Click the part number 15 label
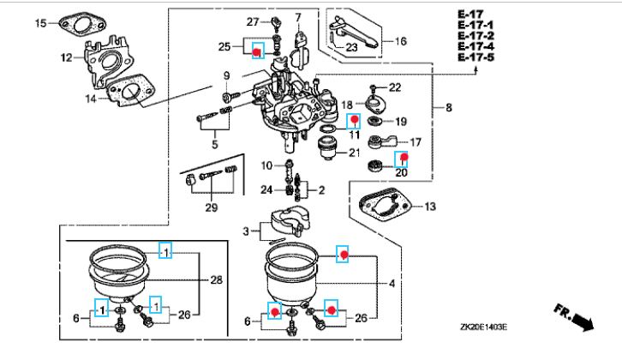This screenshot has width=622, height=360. pyautogui.click(x=41, y=23)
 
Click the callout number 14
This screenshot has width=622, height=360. pyautogui.click(x=91, y=99)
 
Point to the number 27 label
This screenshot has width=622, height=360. pyautogui.click(x=253, y=21)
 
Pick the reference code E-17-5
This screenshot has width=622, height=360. pyautogui.click(x=476, y=57)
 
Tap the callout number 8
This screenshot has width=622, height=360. pyautogui.click(x=449, y=107)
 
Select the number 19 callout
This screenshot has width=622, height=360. pyautogui.click(x=401, y=122)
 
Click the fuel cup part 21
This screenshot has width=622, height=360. pyautogui.click(x=328, y=147)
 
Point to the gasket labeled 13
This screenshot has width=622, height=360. pyautogui.click(x=384, y=206)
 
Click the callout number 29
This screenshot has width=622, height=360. pyautogui.click(x=212, y=207)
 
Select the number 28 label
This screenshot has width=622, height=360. pyautogui.click(x=216, y=280)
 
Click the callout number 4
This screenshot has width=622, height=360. pyautogui.click(x=392, y=284)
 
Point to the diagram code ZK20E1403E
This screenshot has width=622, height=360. pyautogui.click(x=483, y=327)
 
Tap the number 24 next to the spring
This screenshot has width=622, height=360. pyautogui.click(x=266, y=190)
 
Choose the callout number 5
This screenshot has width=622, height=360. pyautogui.click(x=214, y=144)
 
